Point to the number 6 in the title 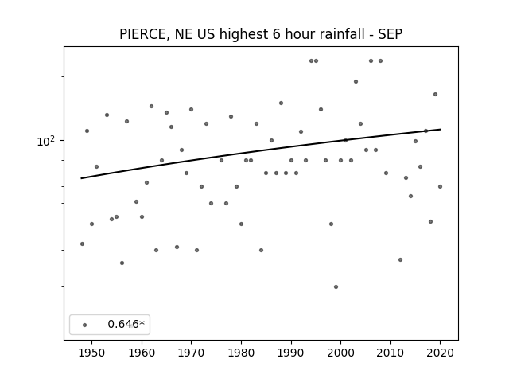pyautogui.click(x=276, y=34)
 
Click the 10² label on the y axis pyautogui.click(x=45, y=142)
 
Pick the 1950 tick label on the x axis pyautogui.click(x=92, y=353)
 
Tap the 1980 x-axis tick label pyautogui.click(x=241, y=353)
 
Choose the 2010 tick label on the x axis pyautogui.click(x=390, y=353)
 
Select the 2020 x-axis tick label pyautogui.click(x=440, y=353)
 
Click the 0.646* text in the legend pyautogui.click(x=126, y=324)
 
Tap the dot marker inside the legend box pyautogui.click(x=85, y=325)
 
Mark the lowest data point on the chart pyautogui.click(x=336, y=286)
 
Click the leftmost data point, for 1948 pyautogui.click(x=82, y=244)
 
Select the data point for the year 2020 pyautogui.click(x=440, y=186)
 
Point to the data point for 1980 pyautogui.click(x=241, y=224)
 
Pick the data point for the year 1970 pyautogui.click(x=191, y=110)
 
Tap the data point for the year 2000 pyautogui.click(x=340, y=161)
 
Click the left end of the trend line pyautogui.click(x=81, y=178)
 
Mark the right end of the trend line pyautogui.click(x=441, y=129)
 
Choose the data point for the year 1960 pyautogui.click(x=142, y=217)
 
